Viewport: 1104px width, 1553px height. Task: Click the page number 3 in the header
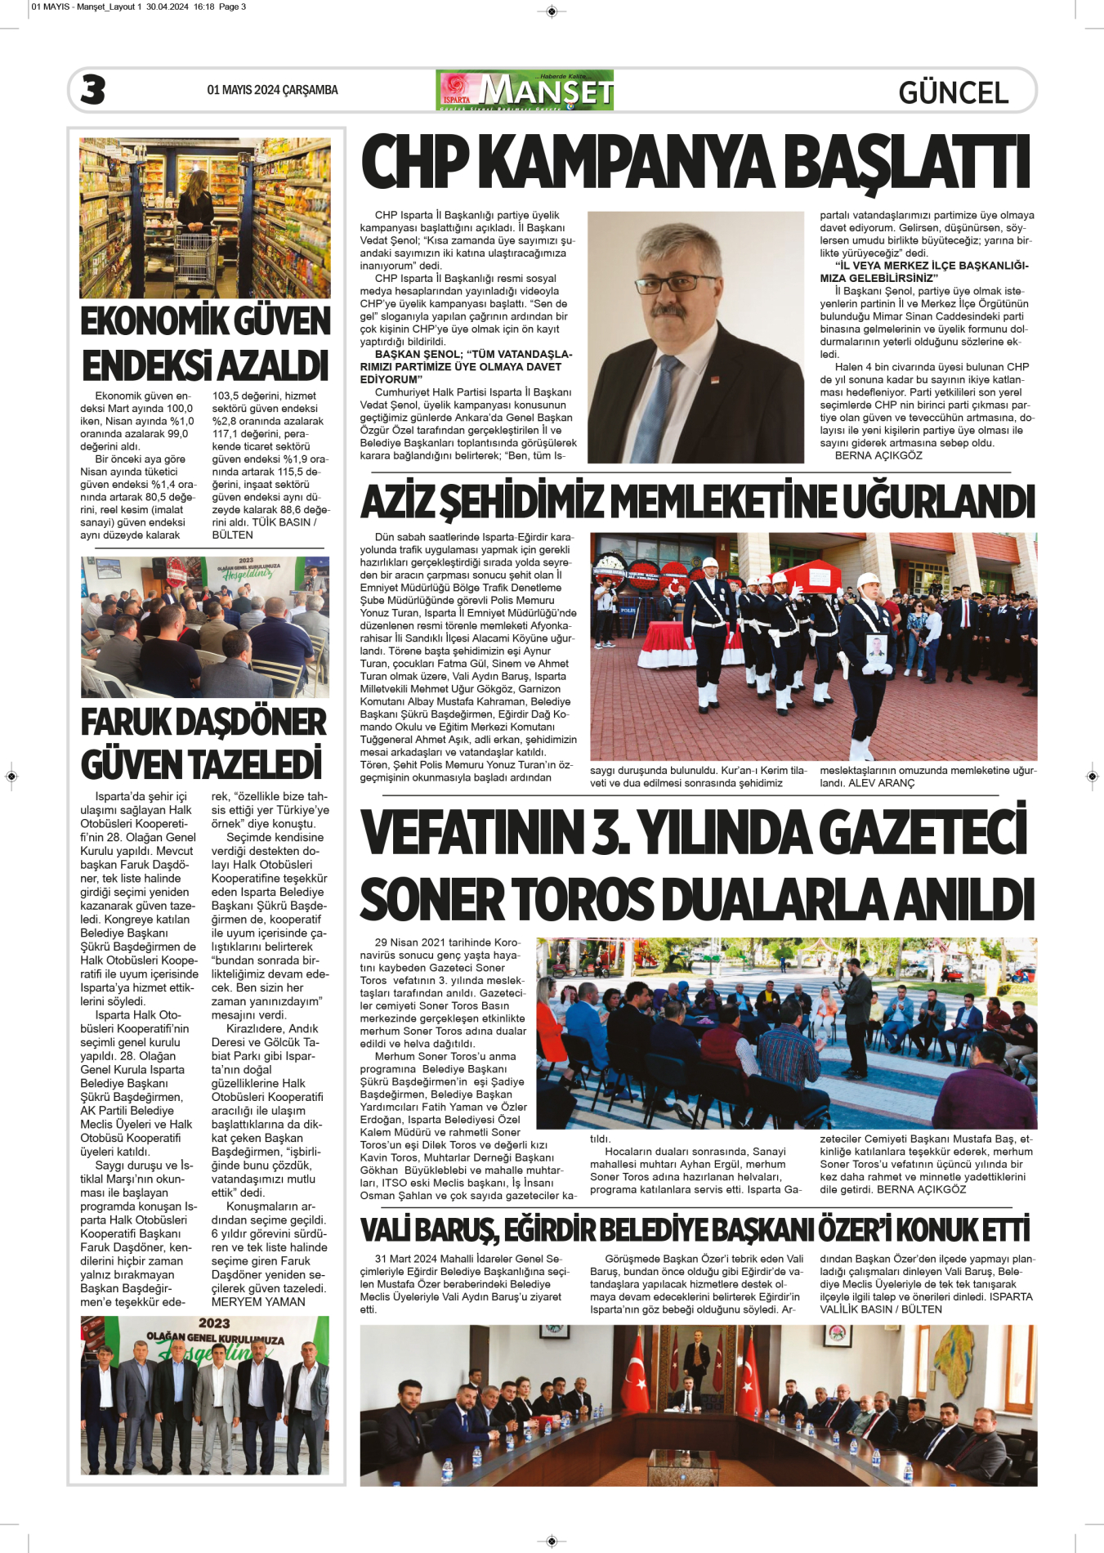coord(93,90)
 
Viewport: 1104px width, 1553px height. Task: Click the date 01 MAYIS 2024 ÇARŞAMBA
coord(272,90)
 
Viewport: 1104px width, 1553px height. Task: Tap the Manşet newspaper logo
coord(525,91)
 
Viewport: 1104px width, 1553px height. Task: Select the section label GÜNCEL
coord(953,92)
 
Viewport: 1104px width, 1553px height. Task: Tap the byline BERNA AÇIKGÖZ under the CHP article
coord(878,455)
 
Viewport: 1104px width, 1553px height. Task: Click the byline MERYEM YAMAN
coord(258,1302)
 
